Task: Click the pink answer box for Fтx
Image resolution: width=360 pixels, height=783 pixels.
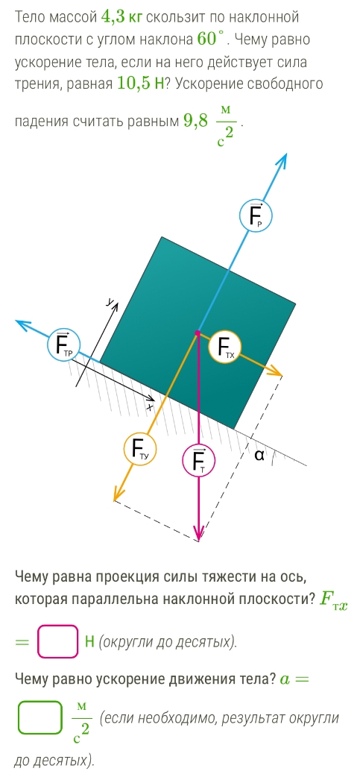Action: pyautogui.click(x=58, y=641)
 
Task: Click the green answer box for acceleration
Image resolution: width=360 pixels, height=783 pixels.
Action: pyautogui.click(x=40, y=717)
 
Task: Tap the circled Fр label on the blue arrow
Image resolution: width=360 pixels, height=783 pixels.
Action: pyautogui.click(x=256, y=216)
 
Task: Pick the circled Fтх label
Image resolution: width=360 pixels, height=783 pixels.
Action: pyautogui.click(x=225, y=348)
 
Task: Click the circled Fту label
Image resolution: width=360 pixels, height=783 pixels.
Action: pyautogui.click(x=140, y=450)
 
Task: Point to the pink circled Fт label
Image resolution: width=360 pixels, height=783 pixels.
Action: pyautogui.click(x=198, y=461)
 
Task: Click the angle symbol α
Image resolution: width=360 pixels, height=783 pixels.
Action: pyautogui.click(x=258, y=455)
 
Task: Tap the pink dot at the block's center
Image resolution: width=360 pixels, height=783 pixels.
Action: pyautogui.click(x=198, y=333)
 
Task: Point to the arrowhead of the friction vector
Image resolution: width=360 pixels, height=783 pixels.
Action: pyautogui.click(x=23, y=324)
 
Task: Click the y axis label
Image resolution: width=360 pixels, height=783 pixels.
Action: pyautogui.click(x=110, y=301)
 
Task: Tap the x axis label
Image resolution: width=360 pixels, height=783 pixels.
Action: pyautogui.click(x=150, y=407)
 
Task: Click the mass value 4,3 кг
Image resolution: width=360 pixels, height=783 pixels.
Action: pyautogui.click(x=121, y=16)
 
